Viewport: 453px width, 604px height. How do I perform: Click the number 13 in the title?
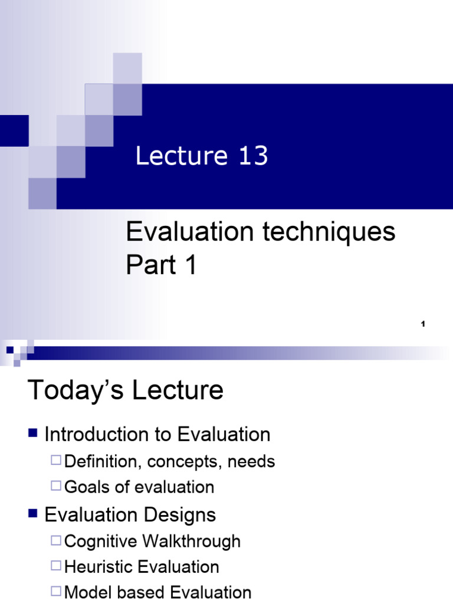(254, 156)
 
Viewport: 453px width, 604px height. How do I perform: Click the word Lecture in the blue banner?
(181, 156)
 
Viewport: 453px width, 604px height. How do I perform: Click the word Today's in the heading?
(71, 390)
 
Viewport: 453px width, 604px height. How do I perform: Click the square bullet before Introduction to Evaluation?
(33, 434)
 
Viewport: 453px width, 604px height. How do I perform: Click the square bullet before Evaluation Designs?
(33, 514)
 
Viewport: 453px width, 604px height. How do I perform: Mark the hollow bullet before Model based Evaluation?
(56, 592)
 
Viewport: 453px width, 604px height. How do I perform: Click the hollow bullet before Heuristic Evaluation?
(56, 566)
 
